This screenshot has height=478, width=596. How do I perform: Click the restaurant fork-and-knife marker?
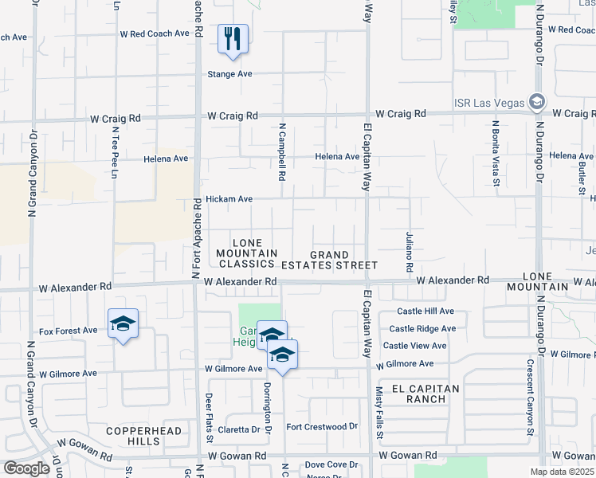coord(233,38)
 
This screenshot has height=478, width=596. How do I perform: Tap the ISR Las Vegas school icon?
coord(536,102)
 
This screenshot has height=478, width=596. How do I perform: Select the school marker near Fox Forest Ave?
coord(123,323)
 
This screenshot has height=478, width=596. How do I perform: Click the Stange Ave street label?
coord(229,74)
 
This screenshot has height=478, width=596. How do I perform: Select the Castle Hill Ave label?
coord(420,311)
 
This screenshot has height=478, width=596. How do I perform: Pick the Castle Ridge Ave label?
coord(422,328)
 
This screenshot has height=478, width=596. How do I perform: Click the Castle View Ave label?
coord(414,346)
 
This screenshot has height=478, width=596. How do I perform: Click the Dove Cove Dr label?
coord(331,464)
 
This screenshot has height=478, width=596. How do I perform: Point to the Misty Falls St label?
coord(379,413)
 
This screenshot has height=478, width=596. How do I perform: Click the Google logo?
coord(26,468)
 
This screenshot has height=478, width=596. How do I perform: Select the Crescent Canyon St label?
coord(529,397)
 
